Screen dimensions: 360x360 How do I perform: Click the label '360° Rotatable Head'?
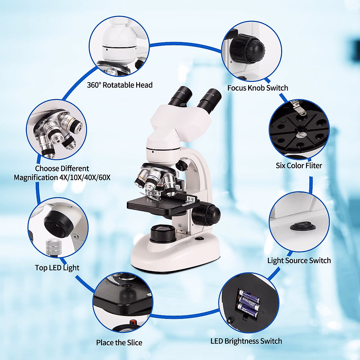(120, 85)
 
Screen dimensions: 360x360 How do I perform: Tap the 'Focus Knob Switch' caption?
(257, 88)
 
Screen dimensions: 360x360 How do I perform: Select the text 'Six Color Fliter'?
(299, 166)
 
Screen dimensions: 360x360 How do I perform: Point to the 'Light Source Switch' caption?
(299, 260)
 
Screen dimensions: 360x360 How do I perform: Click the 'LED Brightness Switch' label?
(246, 341)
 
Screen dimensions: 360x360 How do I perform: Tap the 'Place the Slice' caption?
(119, 343)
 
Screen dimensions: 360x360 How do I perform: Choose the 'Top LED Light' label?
(57, 268)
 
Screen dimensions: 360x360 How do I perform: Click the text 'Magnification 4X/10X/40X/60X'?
(62, 178)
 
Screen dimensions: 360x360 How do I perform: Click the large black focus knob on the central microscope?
(207, 214)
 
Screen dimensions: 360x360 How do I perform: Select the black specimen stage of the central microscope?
(156, 207)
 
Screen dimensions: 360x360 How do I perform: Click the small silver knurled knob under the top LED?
(53, 247)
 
